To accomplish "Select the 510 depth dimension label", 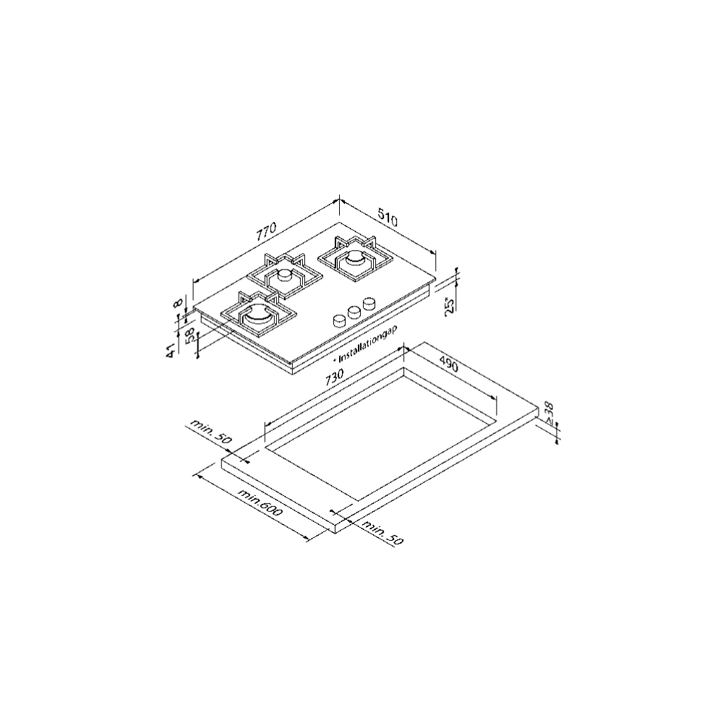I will (388, 218).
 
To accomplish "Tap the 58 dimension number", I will (189, 336).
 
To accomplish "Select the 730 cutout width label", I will (334, 377).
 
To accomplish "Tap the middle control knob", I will (354, 312).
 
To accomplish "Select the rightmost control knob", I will (369, 304).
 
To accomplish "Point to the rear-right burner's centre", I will (356, 259).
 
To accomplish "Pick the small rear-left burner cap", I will (285, 275).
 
